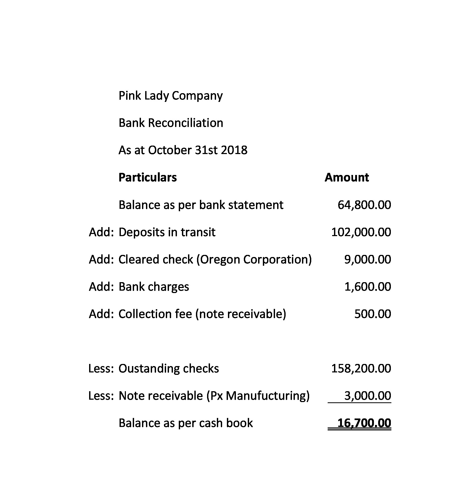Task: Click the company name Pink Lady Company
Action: [170, 96]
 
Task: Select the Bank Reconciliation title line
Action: [171, 123]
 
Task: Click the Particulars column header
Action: [148, 177]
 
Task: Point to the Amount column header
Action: [346, 177]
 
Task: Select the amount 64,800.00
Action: [364, 205]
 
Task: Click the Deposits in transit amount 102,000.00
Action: [361, 232]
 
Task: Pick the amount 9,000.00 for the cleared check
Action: [367, 259]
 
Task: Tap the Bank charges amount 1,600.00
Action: [367, 287]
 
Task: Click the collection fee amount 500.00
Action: [372, 314]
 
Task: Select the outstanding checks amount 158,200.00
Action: [361, 368]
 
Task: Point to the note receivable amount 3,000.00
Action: [367, 396]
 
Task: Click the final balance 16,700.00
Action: [364, 423]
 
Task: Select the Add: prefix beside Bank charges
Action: [101, 287]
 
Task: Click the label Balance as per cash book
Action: [185, 423]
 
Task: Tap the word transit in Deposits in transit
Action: [198, 232]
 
